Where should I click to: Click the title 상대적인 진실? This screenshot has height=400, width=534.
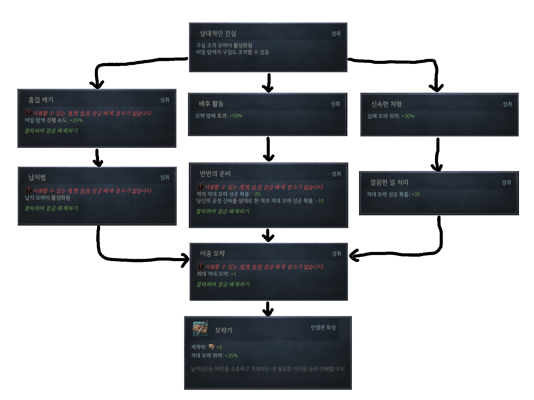point(218,34)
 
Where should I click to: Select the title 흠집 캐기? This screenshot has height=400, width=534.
point(41,100)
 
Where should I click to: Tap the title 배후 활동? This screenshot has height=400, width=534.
point(211,104)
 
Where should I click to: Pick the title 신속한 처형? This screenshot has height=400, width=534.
point(386,104)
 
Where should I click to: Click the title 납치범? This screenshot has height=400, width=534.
point(37,177)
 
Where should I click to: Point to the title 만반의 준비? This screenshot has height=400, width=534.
point(215,174)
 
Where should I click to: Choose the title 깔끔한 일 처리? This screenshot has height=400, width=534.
point(389,182)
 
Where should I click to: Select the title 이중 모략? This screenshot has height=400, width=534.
point(212,254)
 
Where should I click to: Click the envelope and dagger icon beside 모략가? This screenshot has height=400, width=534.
point(200,328)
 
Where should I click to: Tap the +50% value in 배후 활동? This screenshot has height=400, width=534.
point(236,116)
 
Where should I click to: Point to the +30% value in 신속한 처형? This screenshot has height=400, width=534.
point(408,116)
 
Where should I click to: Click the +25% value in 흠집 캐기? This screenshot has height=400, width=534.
point(76,120)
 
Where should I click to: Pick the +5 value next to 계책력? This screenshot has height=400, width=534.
point(219,347)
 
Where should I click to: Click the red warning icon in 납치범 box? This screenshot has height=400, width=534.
point(29,190)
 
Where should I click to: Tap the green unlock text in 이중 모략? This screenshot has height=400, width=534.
point(223,284)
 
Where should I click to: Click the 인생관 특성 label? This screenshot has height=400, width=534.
point(323,328)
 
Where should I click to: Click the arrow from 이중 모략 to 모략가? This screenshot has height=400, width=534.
point(268,309)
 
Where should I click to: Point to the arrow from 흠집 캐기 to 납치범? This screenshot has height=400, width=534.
point(97,158)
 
